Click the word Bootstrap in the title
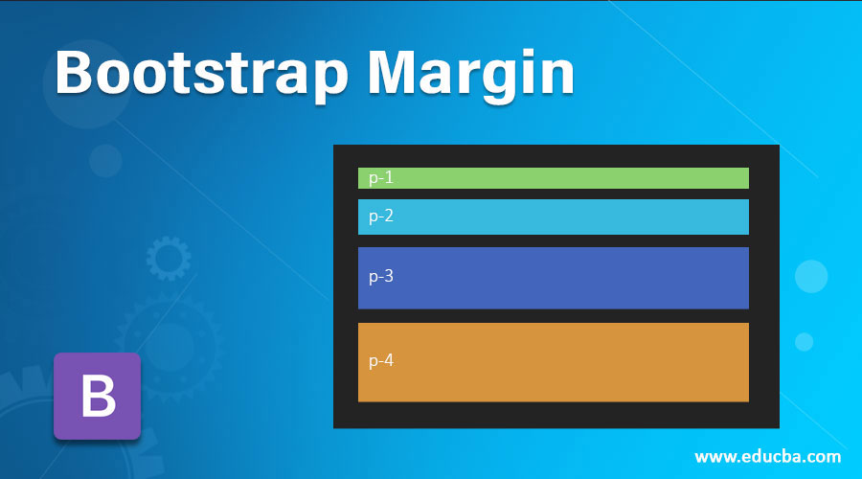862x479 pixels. click(x=202, y=75)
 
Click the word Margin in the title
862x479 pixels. click(x=471, y=75)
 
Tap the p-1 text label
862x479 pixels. click(x=381, y=177)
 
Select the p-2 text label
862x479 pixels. click(x=381, y=217)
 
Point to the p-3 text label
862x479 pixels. click(x=381, y=276)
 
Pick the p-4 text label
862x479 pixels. click(x=381, y=361)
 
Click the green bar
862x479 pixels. click(x=553, y=178)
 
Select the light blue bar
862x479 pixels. click(x=553, y=217)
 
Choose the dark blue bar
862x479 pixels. click(x=553, y=278)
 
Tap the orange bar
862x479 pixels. click(x=553, y=362)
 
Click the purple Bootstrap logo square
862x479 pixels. click(x=98, y=396)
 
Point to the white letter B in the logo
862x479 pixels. click(x=99, y=396)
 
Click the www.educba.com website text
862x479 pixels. click(x=767, y=456)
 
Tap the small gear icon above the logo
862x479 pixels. click(x=169, y=259)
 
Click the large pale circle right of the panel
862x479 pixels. click(x=811, y=276)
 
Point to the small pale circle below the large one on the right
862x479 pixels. click(x=804, y=341)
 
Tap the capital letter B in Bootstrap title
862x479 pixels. click(x=73, y=73)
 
